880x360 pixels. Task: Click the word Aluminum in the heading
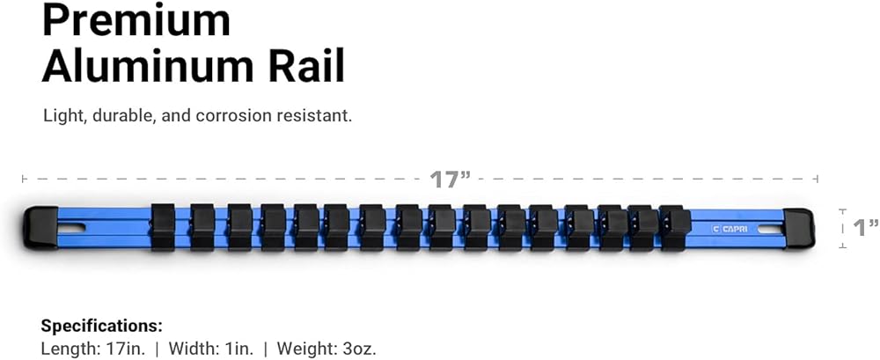click(x=153, y=66)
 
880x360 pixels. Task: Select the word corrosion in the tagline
click(x=239, y=116)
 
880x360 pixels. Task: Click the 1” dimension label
click(x=866, y=228)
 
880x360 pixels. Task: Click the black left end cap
click(x=40, y=228)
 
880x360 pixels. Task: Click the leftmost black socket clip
click(x=164, y=228)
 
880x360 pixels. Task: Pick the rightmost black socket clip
click(x=672, y=228)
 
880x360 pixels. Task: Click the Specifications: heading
click(x=102, y=326)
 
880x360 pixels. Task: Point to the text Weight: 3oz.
click(x=326, y=349)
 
